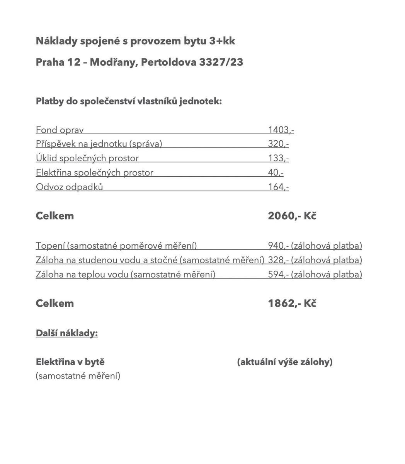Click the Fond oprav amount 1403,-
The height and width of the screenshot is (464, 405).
point(281,130)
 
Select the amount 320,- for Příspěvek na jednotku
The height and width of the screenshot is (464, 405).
point(278,144)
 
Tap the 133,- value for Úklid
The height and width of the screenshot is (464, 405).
point(278,158)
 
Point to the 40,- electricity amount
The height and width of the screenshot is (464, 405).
point(276,172)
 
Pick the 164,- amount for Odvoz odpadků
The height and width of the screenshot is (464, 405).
point(278,187)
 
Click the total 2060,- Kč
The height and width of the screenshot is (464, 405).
point(292,216)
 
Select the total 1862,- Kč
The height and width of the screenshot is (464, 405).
point(292,303)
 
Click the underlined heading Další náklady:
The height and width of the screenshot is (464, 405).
point(66,333)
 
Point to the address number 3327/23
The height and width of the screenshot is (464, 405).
point(221,62)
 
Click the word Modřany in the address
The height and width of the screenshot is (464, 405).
point(114,62)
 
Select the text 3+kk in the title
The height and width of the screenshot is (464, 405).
point(222,41)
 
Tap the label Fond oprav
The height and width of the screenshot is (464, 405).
point(60,130)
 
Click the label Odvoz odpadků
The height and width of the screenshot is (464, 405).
point(69,187)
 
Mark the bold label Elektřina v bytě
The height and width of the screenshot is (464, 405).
point(70,362)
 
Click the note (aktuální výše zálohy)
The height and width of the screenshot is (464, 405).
point(285,362)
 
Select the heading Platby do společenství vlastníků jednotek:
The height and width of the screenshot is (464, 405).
point(129,101)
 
